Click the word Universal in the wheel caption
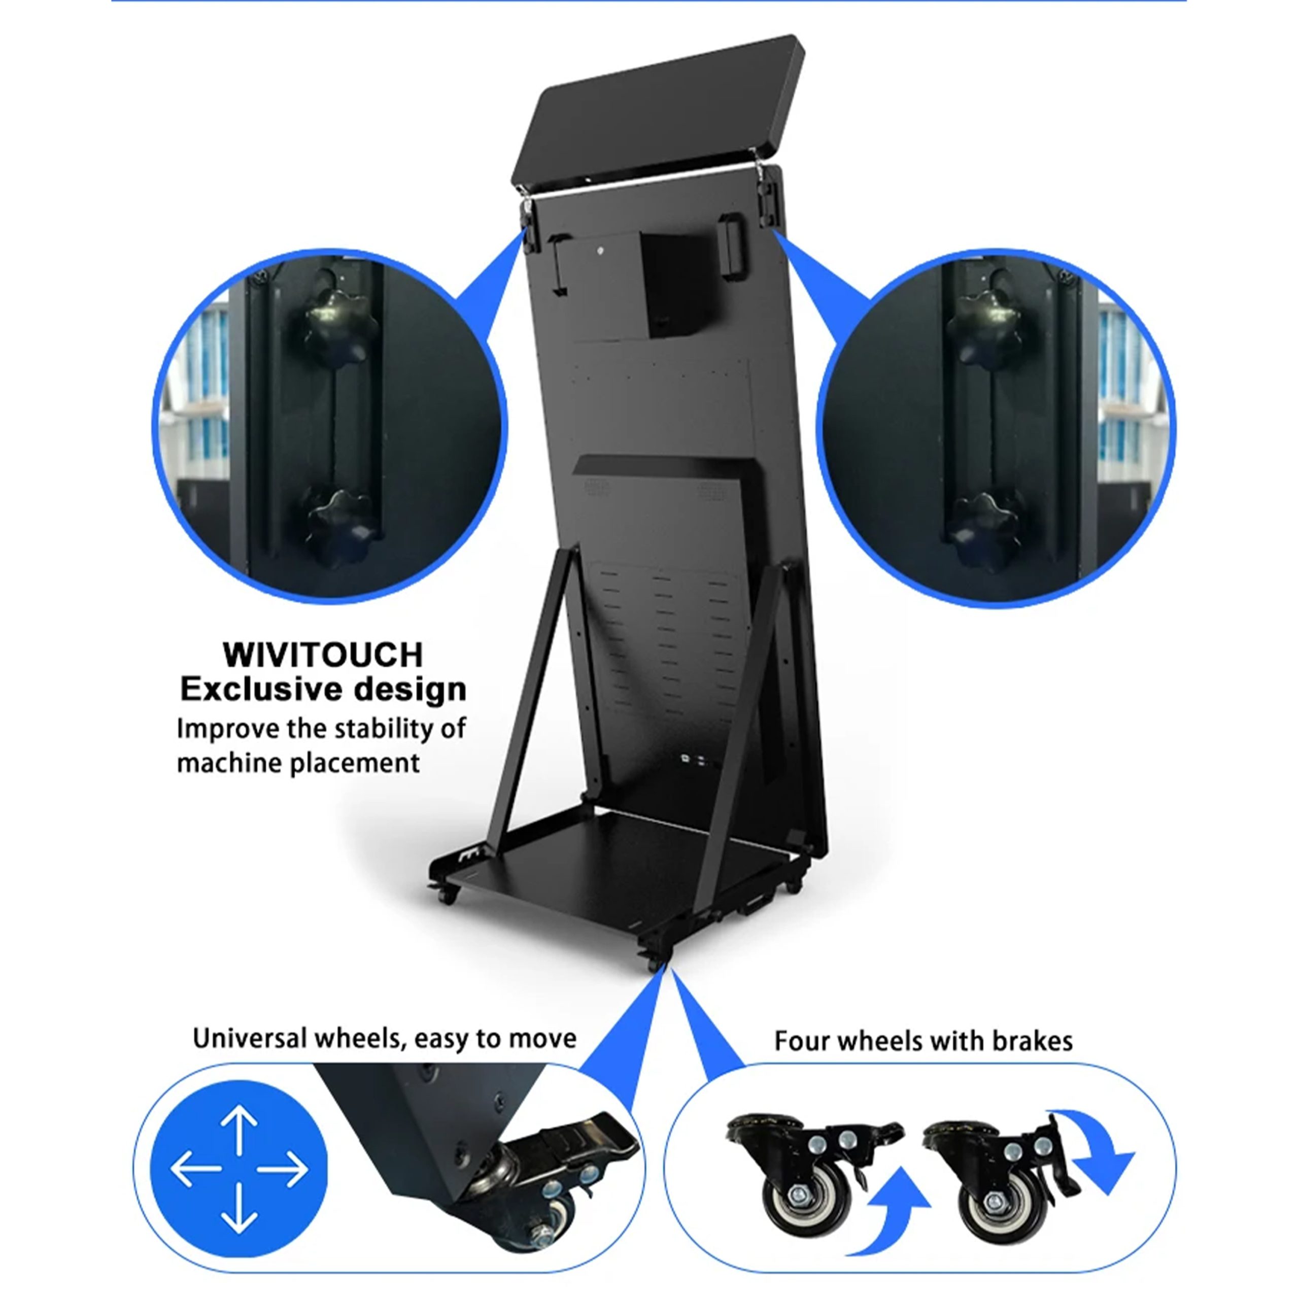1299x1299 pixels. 250,1039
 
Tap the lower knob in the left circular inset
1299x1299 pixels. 338,527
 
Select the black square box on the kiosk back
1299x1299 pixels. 673,284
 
